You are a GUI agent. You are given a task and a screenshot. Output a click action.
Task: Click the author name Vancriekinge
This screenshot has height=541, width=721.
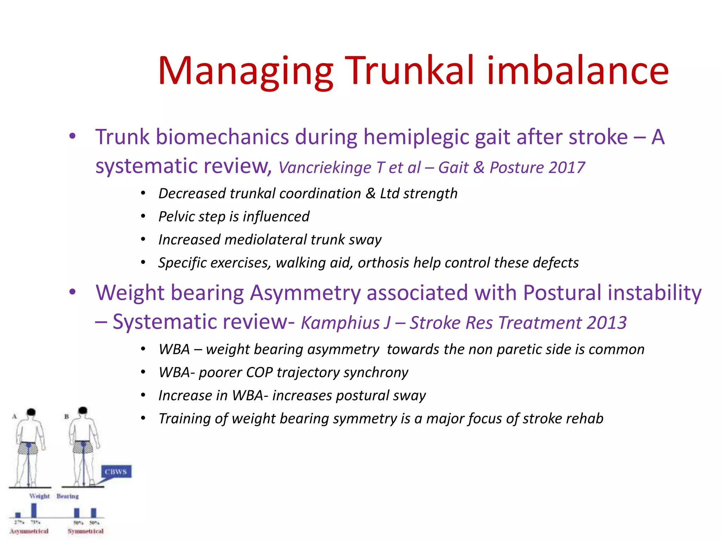324,168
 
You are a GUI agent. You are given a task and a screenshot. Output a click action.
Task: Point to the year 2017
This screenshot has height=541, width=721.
566,168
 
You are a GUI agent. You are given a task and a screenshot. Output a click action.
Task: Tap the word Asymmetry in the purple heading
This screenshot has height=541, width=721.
306,293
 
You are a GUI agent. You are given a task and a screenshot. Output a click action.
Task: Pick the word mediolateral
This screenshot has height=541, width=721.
266,240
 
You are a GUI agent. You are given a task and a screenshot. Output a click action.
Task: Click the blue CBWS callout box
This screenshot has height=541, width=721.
116,472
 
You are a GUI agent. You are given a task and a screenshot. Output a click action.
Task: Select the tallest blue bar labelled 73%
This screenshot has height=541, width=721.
34,510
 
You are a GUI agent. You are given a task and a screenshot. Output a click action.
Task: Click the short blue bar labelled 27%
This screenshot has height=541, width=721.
18,515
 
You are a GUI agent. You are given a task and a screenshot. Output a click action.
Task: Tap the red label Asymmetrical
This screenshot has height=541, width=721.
29,531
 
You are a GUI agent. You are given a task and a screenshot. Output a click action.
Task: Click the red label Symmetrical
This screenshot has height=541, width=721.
86,531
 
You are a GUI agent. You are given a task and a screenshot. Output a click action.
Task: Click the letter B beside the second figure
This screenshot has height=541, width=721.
66,416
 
